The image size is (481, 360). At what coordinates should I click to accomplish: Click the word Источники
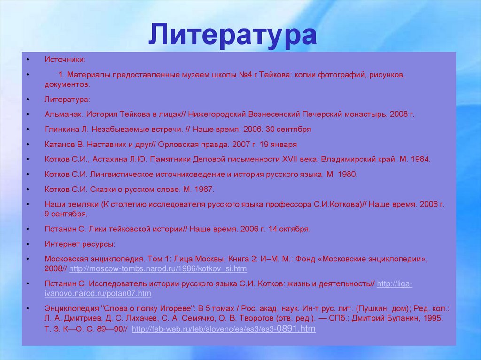coord(65,60)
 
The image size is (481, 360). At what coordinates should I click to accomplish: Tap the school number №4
coord(245,75)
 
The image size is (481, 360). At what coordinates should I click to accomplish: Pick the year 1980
coord(347,174)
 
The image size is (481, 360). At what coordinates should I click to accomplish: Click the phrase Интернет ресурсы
coord(79,244)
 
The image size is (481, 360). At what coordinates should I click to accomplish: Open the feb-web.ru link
coord(224,329)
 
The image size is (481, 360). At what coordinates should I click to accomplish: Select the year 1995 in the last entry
coord(433,319)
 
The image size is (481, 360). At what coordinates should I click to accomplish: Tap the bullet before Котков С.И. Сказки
coord(28,189)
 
